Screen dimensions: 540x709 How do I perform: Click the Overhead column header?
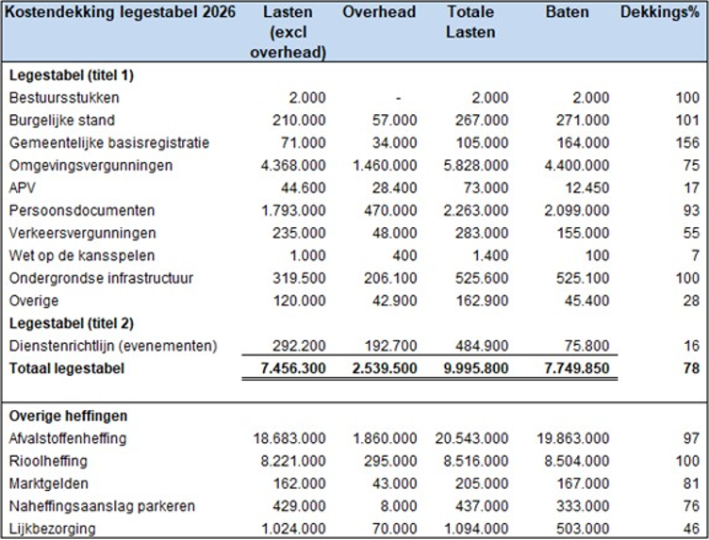pos(379,12)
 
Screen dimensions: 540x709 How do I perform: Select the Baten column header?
pos(567,12)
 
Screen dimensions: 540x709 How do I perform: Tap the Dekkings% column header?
pos(660,12)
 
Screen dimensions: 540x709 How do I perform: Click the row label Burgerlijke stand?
pos(62,121)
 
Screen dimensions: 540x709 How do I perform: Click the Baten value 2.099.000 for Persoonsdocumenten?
pos(577,210)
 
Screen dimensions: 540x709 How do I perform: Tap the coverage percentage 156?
pos(687,143)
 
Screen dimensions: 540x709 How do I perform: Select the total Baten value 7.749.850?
pos(577,368)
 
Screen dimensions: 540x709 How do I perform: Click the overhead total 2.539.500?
pos(384,368)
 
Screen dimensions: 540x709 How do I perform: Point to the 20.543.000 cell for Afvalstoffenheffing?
pos(478,438)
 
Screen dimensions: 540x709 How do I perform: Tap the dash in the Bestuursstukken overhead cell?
pos(400,98)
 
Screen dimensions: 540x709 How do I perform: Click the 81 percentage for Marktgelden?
pos(691,483)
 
